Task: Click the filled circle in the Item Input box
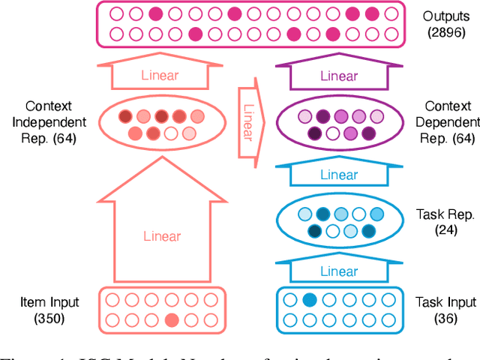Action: (171, 321)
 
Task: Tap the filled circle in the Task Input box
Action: (309, 301)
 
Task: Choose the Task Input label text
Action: (445, 302)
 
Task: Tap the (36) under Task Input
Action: (445, 319)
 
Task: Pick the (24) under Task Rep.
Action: (445, 230)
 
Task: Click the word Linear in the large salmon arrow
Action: (163, 236)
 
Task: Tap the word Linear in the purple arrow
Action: (339, 76)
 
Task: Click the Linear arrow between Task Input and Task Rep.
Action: (339, 271)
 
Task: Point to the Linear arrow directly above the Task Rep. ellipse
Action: (339, 174)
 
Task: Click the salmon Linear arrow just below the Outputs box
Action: (163, 76)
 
